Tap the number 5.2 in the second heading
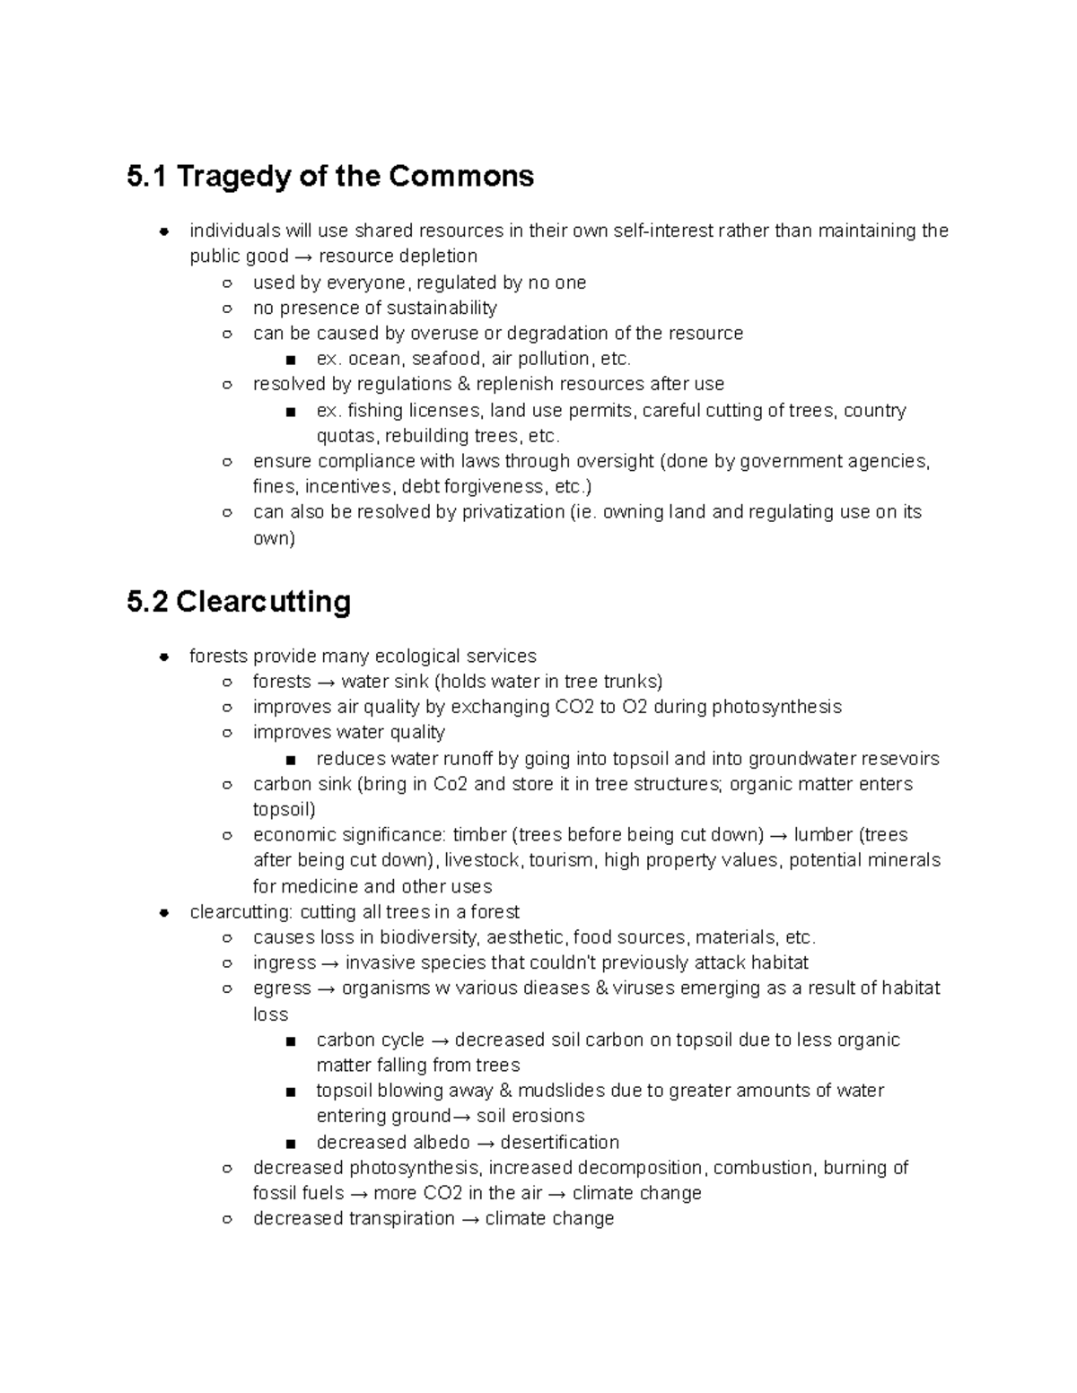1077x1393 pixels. (x=147, y=601)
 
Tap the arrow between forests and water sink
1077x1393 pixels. (x=326, y=681)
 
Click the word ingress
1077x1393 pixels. (x=284, y=963)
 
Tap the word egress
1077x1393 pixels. (x=282, y=988)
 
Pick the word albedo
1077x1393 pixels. (x=441, y=1143)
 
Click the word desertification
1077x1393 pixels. (x=559, y=1143)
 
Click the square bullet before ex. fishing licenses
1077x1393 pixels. (x=289, y=412)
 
